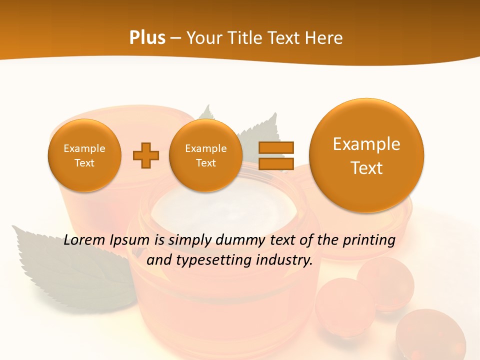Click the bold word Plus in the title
pos(147,38)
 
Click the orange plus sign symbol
pos(146,155)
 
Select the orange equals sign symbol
pos(276,155)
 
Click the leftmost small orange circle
pos(84,155)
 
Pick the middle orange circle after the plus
pos(205,155)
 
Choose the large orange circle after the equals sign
pos(366,155)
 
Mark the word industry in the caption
pos(287,260)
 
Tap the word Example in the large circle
pos(366,144)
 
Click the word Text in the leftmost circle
pos(84,163)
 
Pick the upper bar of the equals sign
pos(276,148)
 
